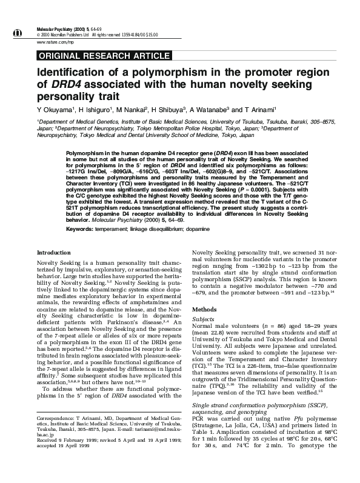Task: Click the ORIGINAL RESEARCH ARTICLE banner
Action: point(104,56)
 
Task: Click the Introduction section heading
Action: point(54,269)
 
